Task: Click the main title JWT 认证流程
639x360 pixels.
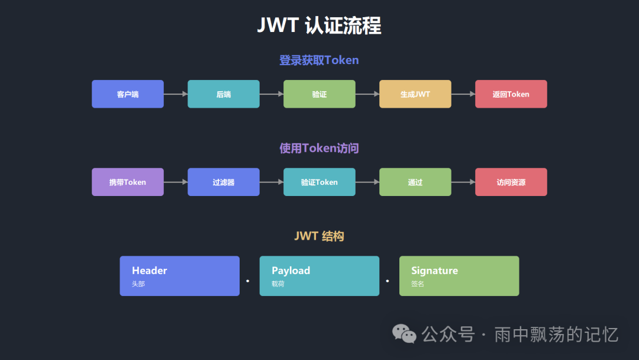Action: (x=319, y=26)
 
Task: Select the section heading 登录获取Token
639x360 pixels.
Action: (x=319, y=60)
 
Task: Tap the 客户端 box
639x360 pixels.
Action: (x=128, y=94)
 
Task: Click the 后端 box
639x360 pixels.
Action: (x=224, y=94)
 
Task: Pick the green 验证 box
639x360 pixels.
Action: (x=319, y=94)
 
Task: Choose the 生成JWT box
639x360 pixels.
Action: (x=415, y=94)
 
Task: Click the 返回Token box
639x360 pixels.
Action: (x=511, y=94)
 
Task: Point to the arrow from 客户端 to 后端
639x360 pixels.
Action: (x=176, y=94)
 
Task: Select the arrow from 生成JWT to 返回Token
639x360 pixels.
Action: (x=463, y=94)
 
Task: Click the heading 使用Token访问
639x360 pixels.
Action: (x=319, y=148)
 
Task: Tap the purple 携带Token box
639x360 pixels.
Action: (x=128, y=182)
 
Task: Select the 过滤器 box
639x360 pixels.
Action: (x=224, y=182)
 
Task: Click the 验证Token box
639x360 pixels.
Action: (x=319, y=182)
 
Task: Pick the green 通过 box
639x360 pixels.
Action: (x=415, y=182)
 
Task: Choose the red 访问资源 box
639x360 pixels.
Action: (x=511, y=182)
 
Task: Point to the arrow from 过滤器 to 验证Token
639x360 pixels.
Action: (x=272, y=182)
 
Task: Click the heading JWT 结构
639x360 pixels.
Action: (x=319, y=236)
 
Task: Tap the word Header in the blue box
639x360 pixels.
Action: (x=149, y=271)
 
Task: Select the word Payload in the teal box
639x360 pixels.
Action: (x=291, y=271)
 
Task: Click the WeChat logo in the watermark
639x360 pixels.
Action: (x=405, y=334)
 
